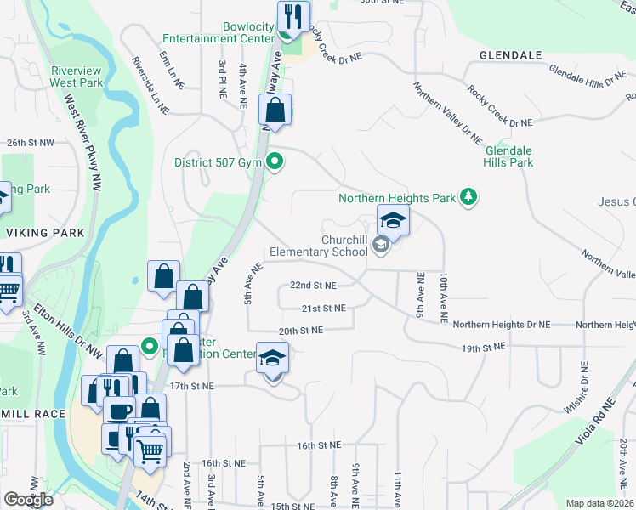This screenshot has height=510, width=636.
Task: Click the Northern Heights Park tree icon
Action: (468, 197)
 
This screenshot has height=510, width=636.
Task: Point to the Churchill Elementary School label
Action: (319, 246)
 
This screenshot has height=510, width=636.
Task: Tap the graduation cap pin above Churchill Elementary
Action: (393, 220)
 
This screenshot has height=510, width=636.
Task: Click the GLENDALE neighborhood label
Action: (510, 55)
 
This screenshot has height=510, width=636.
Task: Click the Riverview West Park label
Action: (77, 76)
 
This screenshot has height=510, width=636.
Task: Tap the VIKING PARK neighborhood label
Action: (45, 232)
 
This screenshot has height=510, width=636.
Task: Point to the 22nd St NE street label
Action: (313, 286)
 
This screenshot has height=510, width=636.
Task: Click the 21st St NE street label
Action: (322, 308)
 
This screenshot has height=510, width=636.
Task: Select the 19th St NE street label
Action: (483, 347)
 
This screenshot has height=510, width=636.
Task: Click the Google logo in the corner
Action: (28, 499)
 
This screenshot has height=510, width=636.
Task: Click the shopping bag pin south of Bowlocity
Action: (275, 110)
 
